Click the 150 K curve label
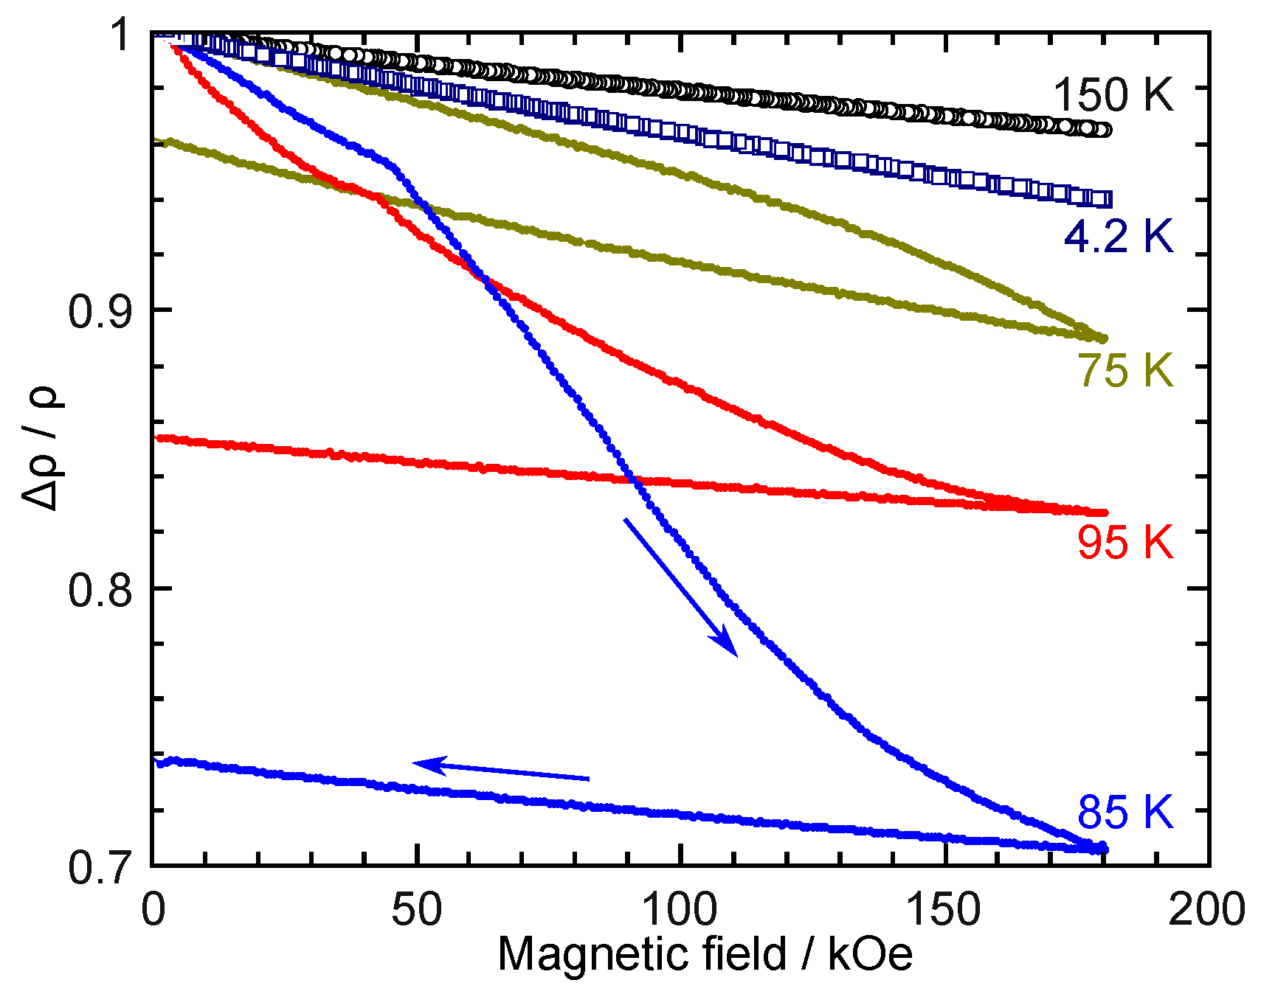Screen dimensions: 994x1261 coord(1112,96)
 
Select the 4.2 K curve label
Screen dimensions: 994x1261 coord(1118,236)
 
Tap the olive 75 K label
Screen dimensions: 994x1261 coord(1125,370)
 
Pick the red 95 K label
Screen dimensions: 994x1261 coord(1124,543)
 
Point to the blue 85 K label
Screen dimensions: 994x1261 coord(1124,812)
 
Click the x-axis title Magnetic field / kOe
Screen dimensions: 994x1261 coord(705,954)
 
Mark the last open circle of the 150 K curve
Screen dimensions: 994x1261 coord(1105,131)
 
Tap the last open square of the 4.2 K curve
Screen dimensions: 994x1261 coord(1105,200)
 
